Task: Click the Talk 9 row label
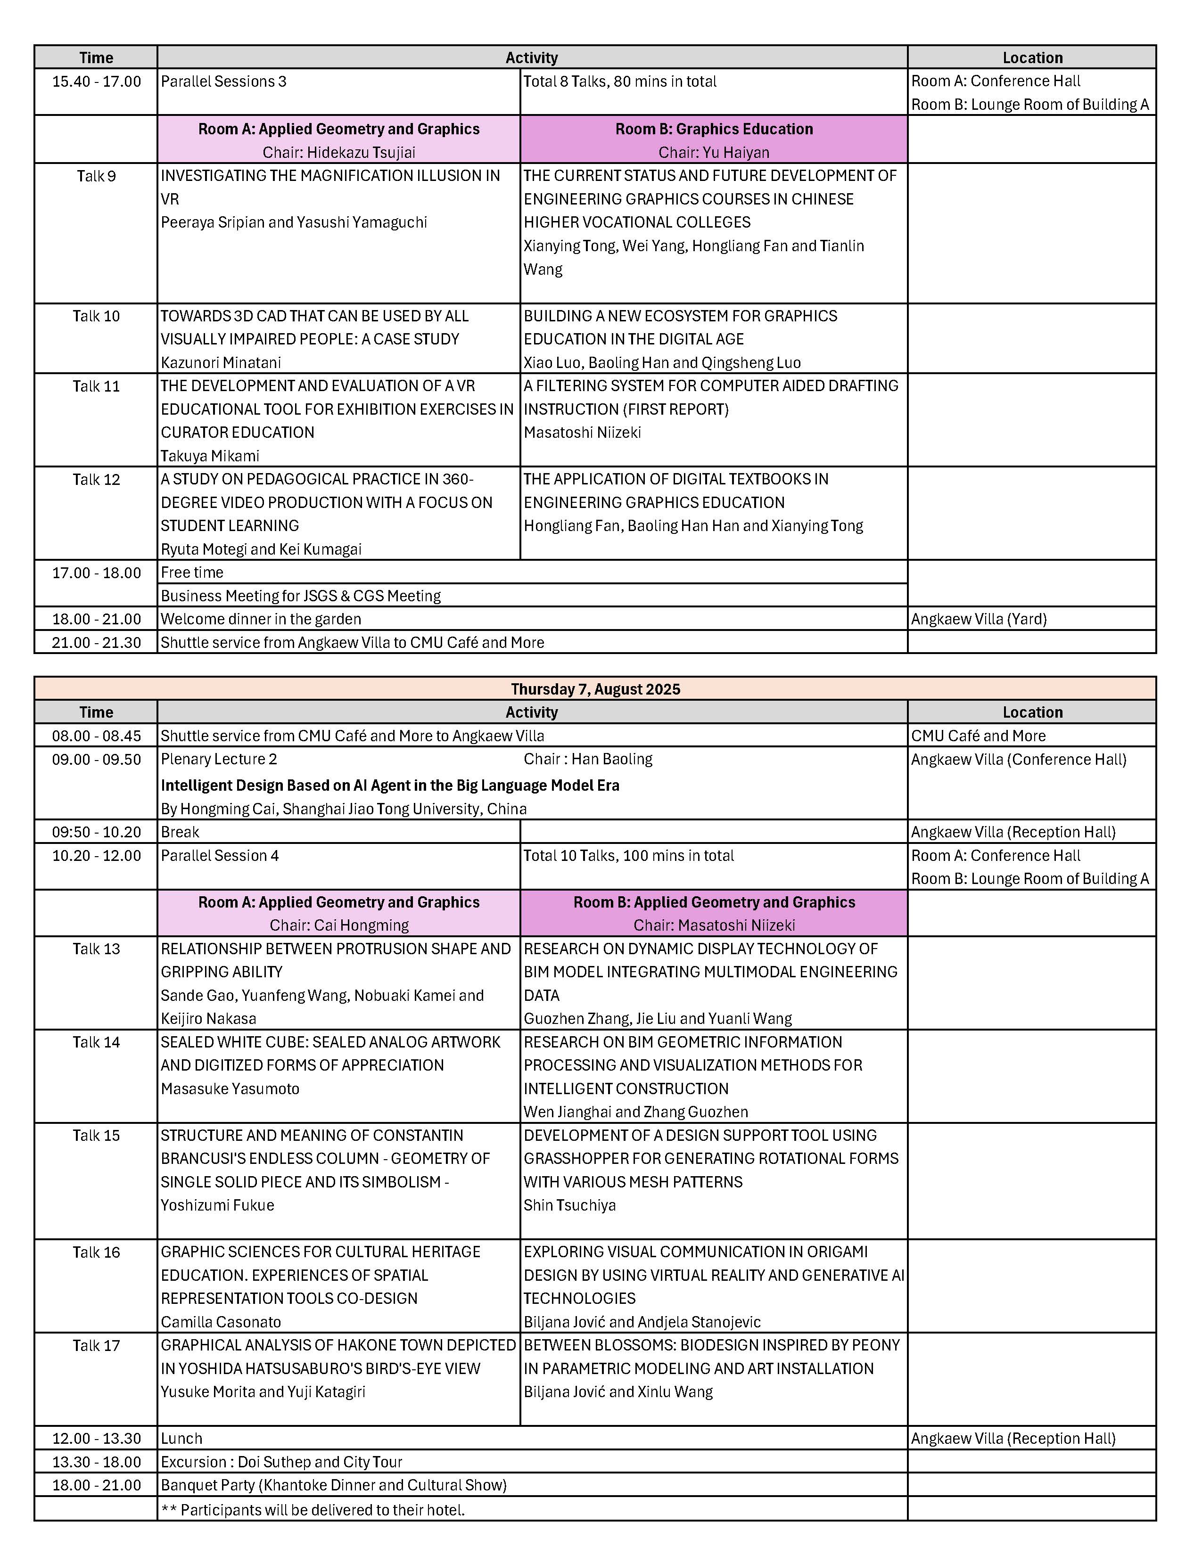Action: [x=96, y=176]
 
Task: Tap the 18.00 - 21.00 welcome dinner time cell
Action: [x=96, y=619]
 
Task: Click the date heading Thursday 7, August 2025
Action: [x=595, y=688]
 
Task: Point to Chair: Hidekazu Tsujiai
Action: [x=339, y=152]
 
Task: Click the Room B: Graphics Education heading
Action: [x=714, y=129]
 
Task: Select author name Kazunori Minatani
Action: [x=221, y=362]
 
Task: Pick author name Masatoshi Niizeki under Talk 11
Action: [x=583, y=432]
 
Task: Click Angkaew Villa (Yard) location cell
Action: [x=979, y=619]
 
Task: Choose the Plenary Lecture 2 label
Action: [x=219, y=759]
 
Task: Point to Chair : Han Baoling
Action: [x=588, y=759]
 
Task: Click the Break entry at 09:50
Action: [x=180, y=832]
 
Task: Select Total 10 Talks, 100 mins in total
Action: [x=629, y=855]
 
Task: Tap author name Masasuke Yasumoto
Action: [x=230, y=1088]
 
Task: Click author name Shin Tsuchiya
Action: [x=570, y=1205]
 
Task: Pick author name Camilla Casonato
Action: [x=221, y=1321]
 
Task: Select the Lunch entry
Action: [x=181, y=1438]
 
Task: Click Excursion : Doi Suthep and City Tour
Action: [x=281, y=1462]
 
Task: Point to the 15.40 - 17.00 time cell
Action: [x=96, y=81]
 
